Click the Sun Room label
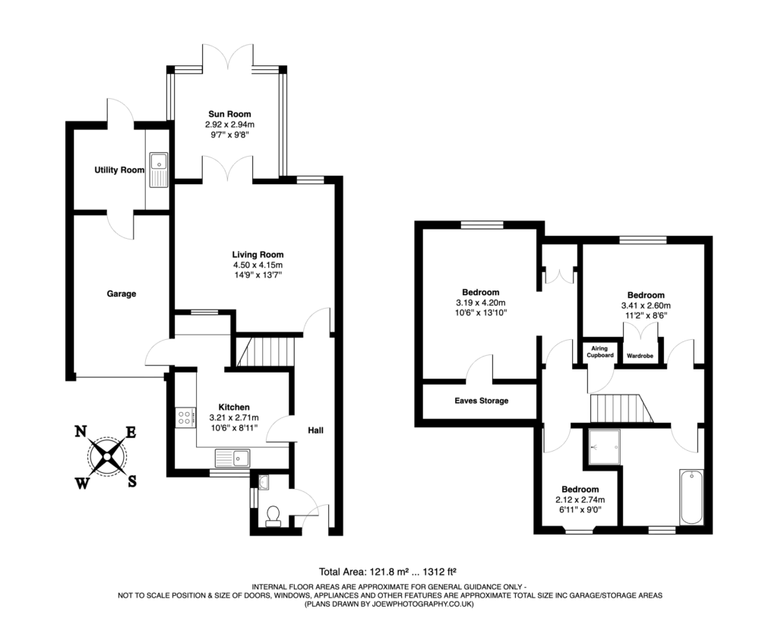229,114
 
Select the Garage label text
121,293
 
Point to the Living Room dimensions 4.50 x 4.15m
258,265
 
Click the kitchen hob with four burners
185,417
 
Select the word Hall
315,430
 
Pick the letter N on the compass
80,432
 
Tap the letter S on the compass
131,481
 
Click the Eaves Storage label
482,401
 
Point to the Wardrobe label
640,355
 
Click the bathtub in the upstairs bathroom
691,497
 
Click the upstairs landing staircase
621,408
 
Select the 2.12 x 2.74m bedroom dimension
580,500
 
